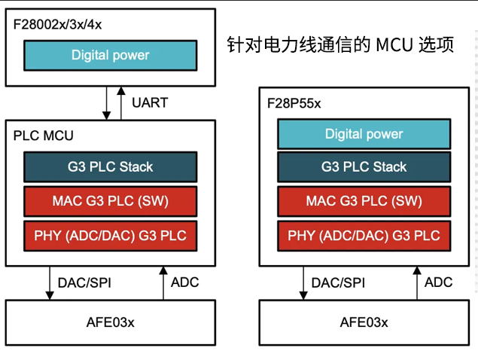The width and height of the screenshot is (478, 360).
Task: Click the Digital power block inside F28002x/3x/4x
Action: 111,55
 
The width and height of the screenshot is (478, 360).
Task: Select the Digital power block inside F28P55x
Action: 364,134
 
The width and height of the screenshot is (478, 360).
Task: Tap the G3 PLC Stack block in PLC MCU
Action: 111,166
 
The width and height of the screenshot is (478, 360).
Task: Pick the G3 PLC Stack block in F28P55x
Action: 364,166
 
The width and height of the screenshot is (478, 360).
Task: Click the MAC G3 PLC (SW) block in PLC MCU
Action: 111,201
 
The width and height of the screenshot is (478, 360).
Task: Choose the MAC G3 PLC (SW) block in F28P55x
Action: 364,201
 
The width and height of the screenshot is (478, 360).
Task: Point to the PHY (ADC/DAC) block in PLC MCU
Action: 111,236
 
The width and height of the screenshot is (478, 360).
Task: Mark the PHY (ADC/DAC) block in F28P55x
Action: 364,236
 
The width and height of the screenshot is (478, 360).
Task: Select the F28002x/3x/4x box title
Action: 57,24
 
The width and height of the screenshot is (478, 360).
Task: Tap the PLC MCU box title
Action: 44,136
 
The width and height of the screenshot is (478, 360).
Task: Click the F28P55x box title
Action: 295,103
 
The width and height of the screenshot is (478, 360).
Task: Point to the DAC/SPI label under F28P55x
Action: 338,282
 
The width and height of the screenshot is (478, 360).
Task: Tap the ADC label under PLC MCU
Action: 185,282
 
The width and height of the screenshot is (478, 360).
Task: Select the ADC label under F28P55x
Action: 438,282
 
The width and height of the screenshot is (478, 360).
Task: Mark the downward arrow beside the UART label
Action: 107,102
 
